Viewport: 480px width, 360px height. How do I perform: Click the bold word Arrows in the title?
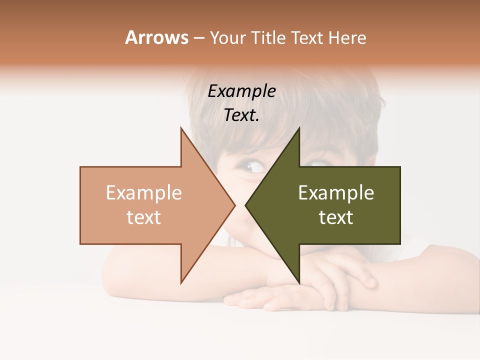click(x=157, y=37)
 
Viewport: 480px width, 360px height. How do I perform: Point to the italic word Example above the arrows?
click(x=241, y=91)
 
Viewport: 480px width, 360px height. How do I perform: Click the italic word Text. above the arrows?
click(x=241, y=115)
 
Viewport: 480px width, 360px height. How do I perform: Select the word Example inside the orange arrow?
click(x=144, y=193)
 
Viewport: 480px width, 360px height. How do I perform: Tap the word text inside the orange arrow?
click(x=144, y=217)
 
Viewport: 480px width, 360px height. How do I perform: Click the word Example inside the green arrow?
click(x=336, y=193)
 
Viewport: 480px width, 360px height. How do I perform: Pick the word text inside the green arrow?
click(x=336, y=217)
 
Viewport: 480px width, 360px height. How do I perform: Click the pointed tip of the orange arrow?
click(x=235, y=205)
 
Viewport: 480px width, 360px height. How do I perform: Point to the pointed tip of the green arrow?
click(x=245, y=205)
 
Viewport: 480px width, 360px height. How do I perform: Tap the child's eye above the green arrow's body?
click(x=316, y=163)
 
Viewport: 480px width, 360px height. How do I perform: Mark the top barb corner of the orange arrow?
click(x=181, y=128)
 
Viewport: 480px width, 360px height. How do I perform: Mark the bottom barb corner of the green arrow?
click(x=299, y=283)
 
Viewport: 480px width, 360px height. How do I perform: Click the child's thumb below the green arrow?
click(x=367, y=279)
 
